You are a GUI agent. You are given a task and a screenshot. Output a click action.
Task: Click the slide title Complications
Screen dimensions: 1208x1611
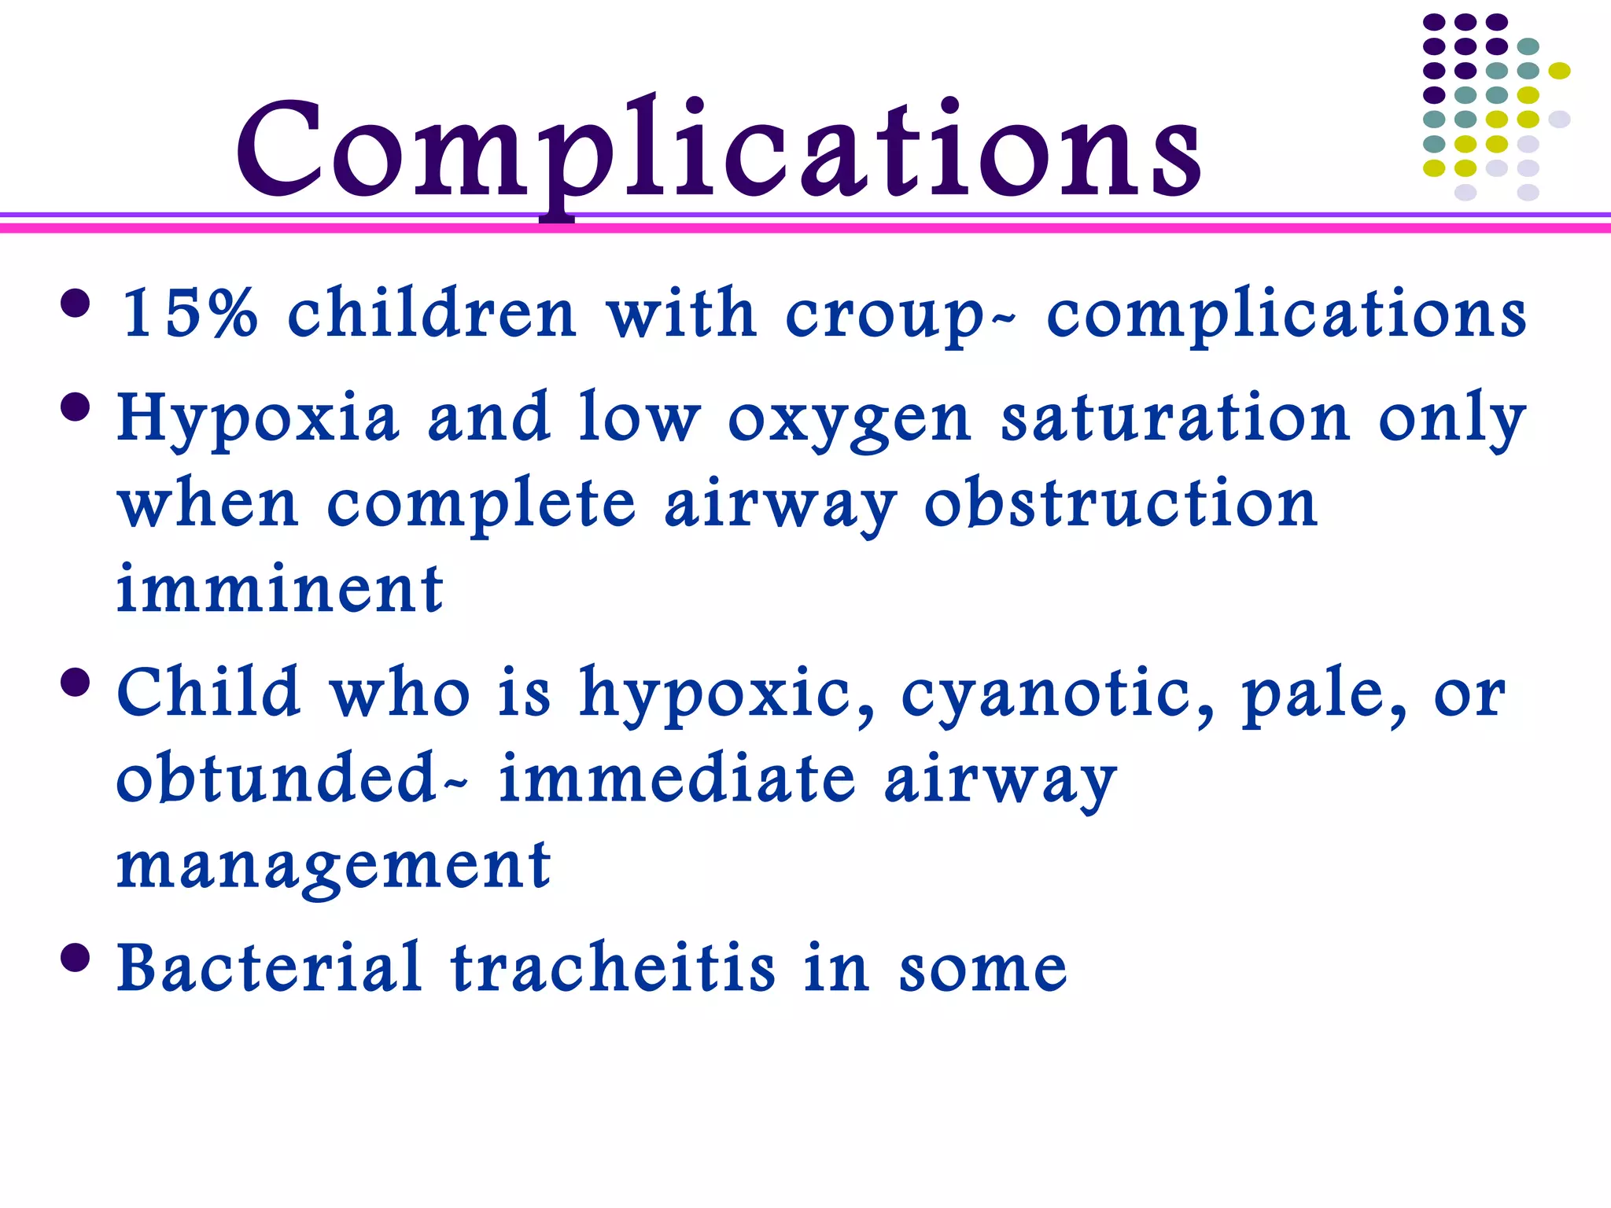(719, 152)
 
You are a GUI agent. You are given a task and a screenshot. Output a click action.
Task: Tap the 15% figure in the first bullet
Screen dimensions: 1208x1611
(189, 314)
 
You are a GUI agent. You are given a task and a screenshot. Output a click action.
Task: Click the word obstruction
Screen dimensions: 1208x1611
(1121, 503)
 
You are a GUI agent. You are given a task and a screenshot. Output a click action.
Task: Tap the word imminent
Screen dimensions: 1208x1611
(280, 590)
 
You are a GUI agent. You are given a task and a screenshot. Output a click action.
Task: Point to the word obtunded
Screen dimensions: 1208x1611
(276, 778)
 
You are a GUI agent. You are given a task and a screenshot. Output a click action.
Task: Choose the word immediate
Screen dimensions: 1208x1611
(677, 778)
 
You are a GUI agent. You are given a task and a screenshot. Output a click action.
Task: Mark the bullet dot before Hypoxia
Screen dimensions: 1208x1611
(76, 407)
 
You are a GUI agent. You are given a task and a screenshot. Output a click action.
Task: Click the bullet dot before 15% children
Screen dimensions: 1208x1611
(76, 304)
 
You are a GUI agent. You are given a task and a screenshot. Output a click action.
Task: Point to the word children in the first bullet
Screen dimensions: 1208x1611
(433, 314)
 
